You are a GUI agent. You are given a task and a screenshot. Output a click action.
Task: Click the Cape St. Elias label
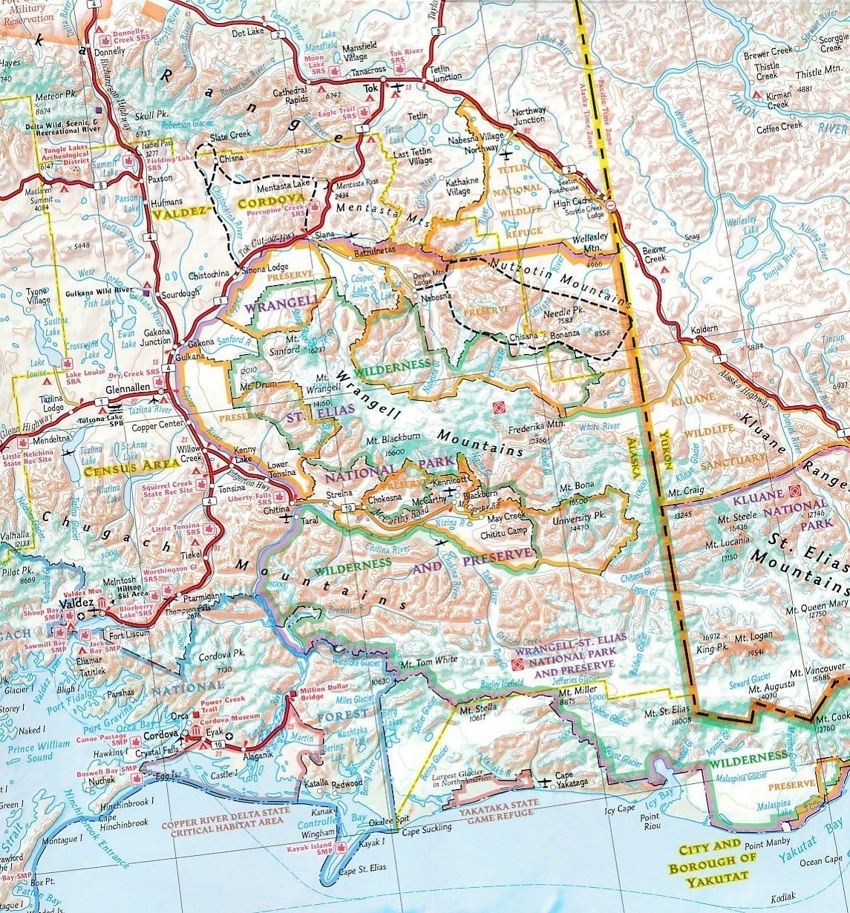click(x=360, y=871)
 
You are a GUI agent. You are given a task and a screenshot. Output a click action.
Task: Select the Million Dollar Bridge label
click(x=322, y=696)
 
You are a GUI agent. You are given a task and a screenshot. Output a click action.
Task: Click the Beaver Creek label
click(x=654, y=255)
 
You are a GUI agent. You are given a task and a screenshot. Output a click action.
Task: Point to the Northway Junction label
click(x=529, y=115)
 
